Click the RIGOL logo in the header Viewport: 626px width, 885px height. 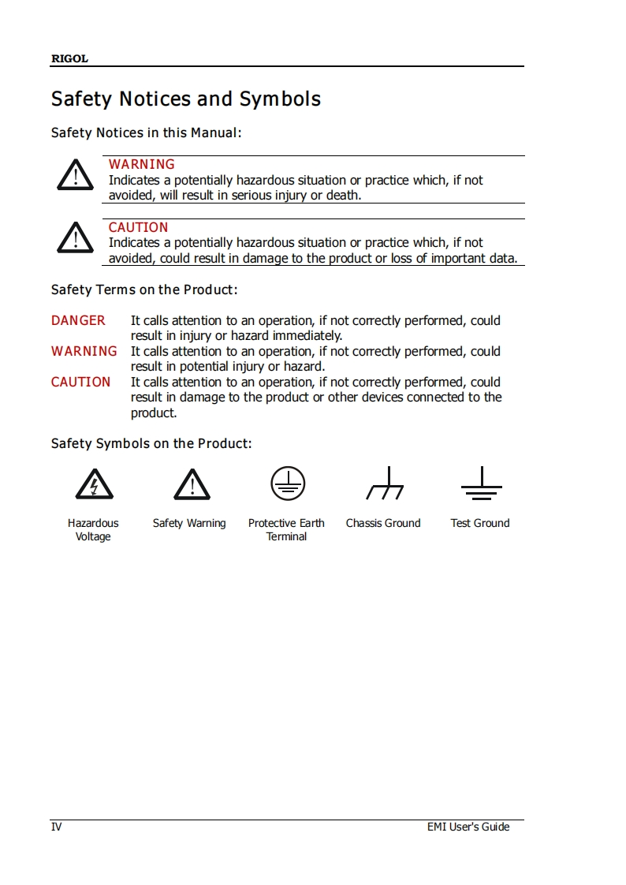(x=69, y=58)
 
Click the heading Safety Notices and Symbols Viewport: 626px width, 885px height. (x=186, y=99)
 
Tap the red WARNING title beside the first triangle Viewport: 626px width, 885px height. (x=142, y=164)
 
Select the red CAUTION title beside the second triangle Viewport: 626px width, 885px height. (x=139, y=227)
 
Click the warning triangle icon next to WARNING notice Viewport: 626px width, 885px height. (x=75, y=175)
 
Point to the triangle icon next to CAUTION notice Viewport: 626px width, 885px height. (x=75, y=237)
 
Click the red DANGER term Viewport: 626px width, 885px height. (x=78, y=320)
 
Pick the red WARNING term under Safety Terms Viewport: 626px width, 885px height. (x=84, y=351)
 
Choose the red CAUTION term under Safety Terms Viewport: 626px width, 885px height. (x=81, y=382)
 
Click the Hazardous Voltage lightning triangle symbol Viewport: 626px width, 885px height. (x=94, y=485)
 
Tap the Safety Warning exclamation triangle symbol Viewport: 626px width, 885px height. (x=192, y=485)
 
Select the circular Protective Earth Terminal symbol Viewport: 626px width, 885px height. (x=288, y=483)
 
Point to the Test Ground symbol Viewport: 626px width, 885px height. (x=481, y=484)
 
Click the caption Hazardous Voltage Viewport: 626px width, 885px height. (x=93, y=530)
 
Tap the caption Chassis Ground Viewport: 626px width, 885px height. (x=383, y=523)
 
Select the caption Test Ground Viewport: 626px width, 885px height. (x=480, y=523)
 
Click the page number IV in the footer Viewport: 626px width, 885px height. (x=56, y=827)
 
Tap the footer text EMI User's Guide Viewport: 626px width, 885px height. (x=468, y=827)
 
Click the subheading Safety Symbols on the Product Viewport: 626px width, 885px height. (x=151, y=443)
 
